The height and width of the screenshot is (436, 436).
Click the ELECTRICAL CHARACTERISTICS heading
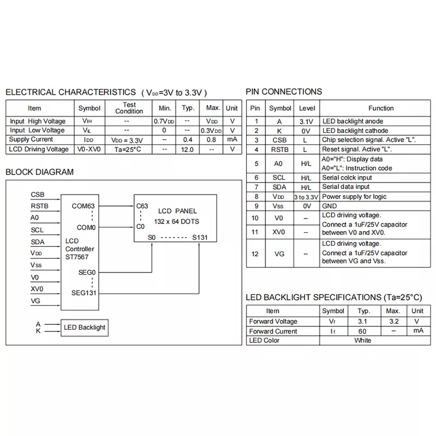pyautogui.click(x=71, y=92)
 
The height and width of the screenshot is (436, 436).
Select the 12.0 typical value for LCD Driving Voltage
pyautogui.click(x=187, y=149)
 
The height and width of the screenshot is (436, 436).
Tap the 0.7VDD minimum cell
pyautogui.click(x=165, y=121)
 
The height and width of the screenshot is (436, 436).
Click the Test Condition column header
pyautogui.click(x=129, y=108)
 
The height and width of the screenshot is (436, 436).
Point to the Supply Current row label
pyautogui.click(x=32, y=140)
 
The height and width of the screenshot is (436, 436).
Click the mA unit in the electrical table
pyautogui.click(x=232, y=140)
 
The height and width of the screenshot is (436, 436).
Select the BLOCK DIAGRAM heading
pyautogui.click(x=39, y=172)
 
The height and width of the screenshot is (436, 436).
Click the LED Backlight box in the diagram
pyautogui.click(x=84, y=328)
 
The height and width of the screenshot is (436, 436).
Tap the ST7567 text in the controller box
pyautogui.click(x=76, y=257)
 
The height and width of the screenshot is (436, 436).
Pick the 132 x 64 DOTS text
pyautogui.click(x=177, y=221)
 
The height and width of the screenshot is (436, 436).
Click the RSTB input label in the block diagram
pyautogui.click(x=40, y=206)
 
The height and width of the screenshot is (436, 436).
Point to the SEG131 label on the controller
pyautogui.click(x=84, y=292)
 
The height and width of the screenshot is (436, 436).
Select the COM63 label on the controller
pyautogui.click(x=83, y=206)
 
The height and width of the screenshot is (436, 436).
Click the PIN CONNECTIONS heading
pyautogui.click(x=283, y=92)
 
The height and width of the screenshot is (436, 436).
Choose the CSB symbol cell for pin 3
pyautogui.click(x=280, y=140)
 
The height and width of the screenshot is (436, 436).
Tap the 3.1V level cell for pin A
pyautogui.click(x=306, y=122)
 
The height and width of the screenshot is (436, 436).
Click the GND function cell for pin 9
pyautogui.click(x=330, y=206)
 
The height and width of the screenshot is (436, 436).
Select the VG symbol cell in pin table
pyautogui.click(x=279, y=253)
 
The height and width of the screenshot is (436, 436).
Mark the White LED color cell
pyautogui.click(x=362, y=341)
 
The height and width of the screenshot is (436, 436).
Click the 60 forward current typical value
pyautogui.click(x=362, y=331)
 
